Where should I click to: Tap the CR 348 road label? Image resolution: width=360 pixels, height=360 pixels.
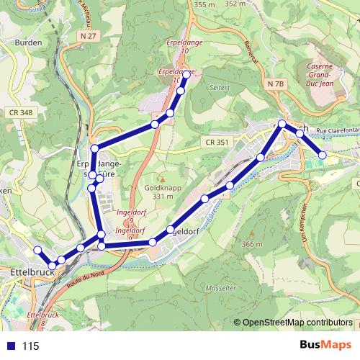point(22,112)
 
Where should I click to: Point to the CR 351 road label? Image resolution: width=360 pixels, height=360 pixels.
point(216,143)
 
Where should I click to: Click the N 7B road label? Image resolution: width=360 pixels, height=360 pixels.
point(275,84)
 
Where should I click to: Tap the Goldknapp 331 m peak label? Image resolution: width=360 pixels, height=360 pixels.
point(159,192)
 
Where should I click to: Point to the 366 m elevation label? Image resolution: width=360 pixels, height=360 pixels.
point(253,245)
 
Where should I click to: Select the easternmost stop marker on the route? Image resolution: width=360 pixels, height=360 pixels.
point(323,155)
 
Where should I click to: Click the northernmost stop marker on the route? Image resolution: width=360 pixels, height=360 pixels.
point(186,75)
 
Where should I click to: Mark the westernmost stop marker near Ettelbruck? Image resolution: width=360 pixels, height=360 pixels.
point(37,250)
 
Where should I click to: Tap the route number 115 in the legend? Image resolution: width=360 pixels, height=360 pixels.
point(30,346)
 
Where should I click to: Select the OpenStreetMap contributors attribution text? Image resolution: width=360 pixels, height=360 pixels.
point(297,322)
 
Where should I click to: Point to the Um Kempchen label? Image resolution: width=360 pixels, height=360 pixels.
point(305,224)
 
